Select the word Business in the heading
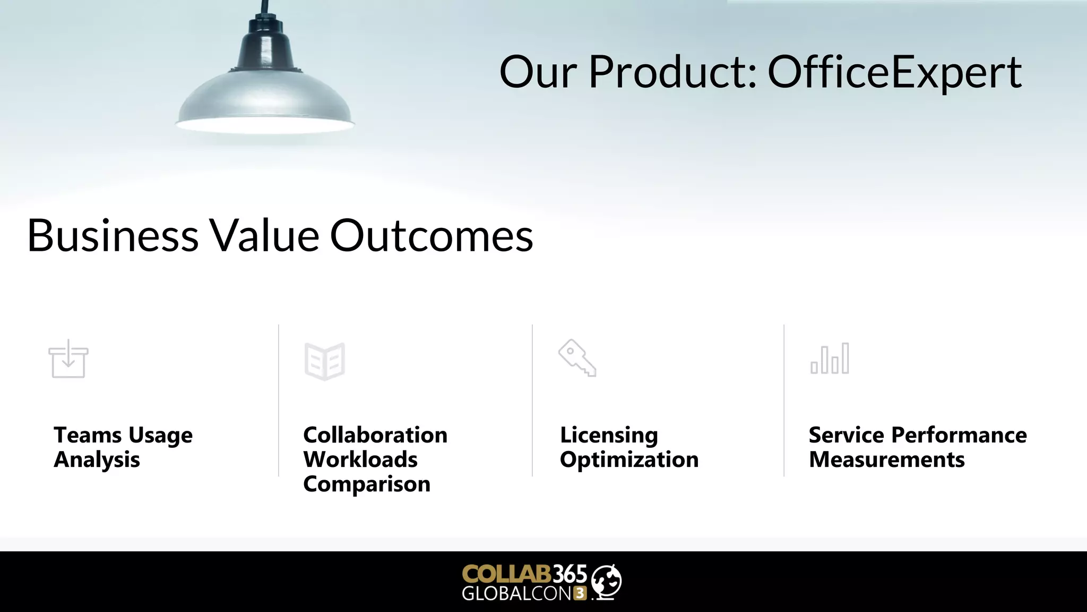pos(113,235)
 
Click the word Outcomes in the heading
pos(432,235)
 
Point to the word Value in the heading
pos(264,235)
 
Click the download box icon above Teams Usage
pos(68,359)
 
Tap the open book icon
pos(325,361)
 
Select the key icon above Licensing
pos(577,358)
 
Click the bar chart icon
pos(830,359)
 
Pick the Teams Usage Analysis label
pos(123,447)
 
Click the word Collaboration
pos(375,435)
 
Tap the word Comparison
pos(367,484)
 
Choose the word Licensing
pos(609,435)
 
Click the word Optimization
pos(629,460)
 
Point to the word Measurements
pos(887,460)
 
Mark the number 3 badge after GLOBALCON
pos(580,593)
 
